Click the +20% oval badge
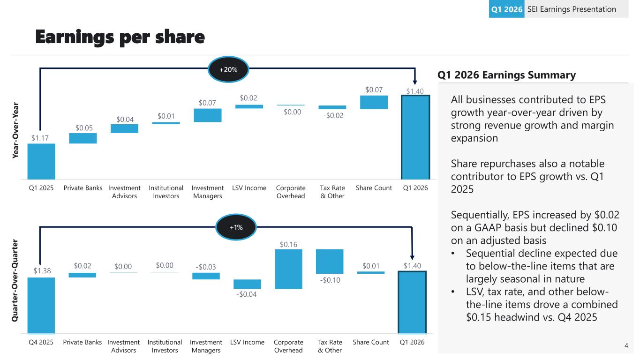coord(228,69)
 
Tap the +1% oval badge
coord(236,227)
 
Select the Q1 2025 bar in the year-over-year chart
coord(41,161)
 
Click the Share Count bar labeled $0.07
coord(374,102)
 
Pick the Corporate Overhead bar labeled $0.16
coord(288,269)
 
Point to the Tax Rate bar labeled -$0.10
coord(330,261)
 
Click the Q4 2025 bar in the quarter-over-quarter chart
coord(41,305)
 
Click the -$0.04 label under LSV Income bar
coord(247,294)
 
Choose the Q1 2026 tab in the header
coord(506,9)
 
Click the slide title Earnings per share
coord(120,37)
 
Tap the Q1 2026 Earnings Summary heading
coord(506,75)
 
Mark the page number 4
coord(626,346)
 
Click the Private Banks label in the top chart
coord(83,188)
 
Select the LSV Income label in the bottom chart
coord(247,342)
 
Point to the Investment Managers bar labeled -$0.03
coord(206,276)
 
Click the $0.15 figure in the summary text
coord(478,317)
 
